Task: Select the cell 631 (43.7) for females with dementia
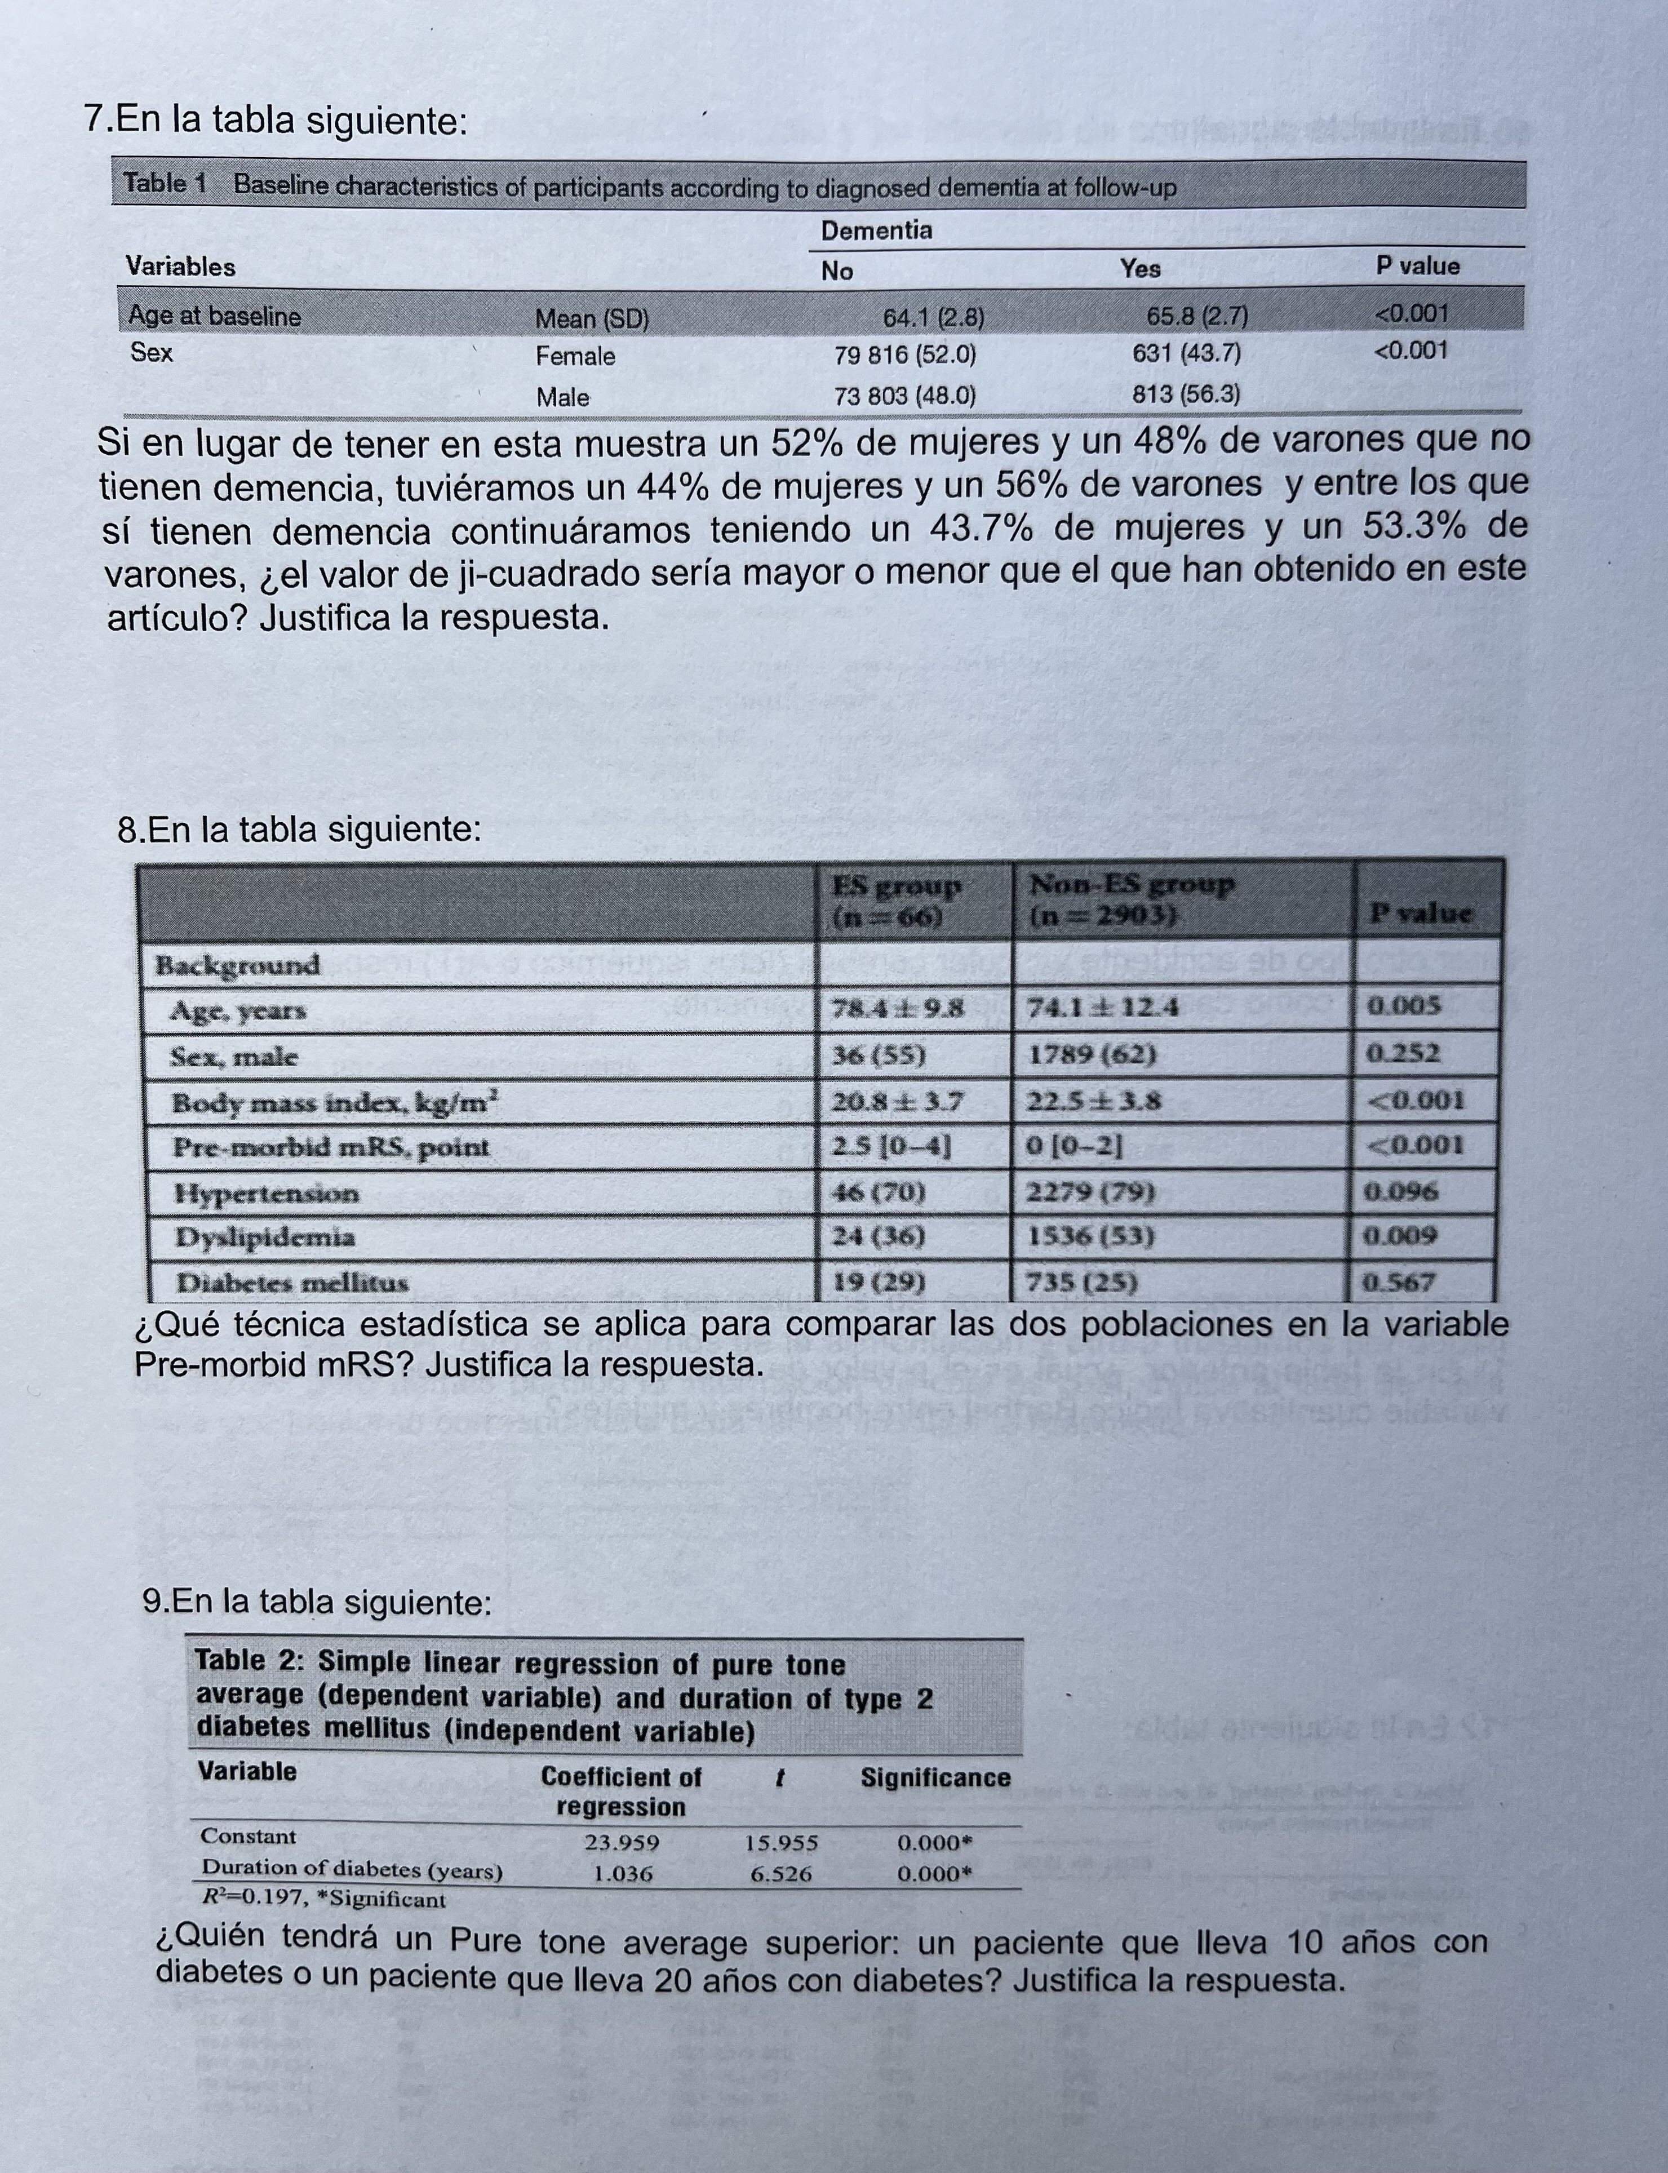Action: tap(1186, 353)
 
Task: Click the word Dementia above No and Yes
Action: tap(876, 230)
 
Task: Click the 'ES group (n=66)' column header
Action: tap(897, 899)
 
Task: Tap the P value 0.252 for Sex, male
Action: tap(1403, 1053)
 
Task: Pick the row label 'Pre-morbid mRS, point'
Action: tap(331, 1147)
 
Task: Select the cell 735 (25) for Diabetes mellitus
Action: tap(1082, 1283)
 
